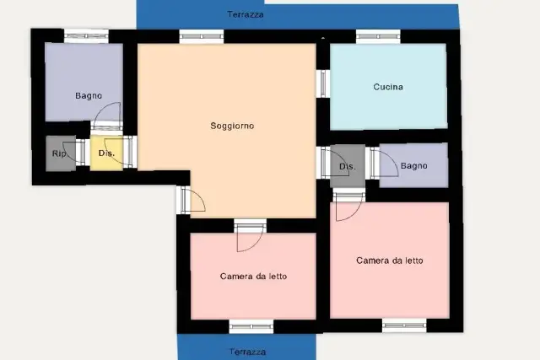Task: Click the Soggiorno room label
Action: pos(232,126)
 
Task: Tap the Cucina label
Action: pos(388,87)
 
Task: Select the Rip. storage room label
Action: pos(59,153)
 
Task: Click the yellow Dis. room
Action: pos(106,153)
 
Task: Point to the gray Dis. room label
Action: pos(347,167)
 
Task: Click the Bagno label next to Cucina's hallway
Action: pos(414,166)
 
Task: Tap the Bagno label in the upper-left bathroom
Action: pos(89,95)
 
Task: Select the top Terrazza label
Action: pos(246,14)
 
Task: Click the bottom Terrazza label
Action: pos(247,352)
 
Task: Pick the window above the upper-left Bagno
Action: pos(86,36)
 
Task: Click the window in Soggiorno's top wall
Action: pos(202,36)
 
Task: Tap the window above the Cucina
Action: pos(378,36)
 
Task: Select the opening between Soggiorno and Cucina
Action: pos(323,83)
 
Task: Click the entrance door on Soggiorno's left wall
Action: pos(191,201)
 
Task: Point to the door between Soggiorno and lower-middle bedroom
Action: pos(251,235)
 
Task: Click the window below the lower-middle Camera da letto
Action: pos(251,326)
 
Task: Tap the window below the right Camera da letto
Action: pos(404,325)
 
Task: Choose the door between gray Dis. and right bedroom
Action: pos(348,204)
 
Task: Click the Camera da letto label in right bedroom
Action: pos(390,261)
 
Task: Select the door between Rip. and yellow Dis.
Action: pos(75,152)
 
